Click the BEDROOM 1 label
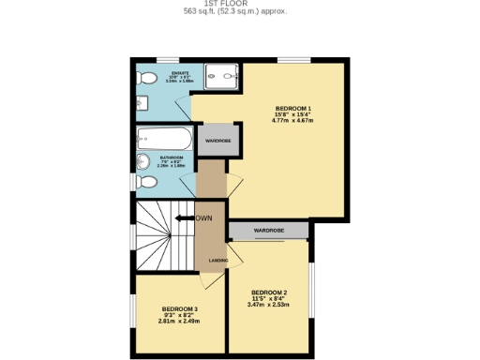click(292, 108)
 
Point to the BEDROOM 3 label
click(180, 308)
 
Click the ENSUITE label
click(179, 72)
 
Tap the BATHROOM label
click(171, 157)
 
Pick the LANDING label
click(217, 261)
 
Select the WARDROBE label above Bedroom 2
click(269, 230)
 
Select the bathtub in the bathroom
click(165, 140)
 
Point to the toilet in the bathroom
click(144, 181)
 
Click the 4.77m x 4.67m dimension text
click(292, 121)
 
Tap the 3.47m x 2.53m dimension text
click(269, 305)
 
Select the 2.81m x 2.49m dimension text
click(180, 322)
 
